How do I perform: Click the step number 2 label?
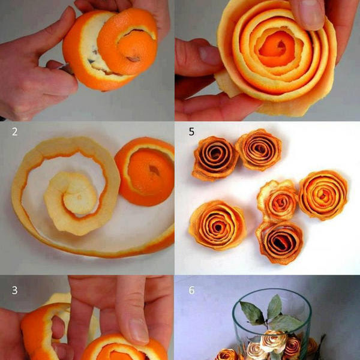coord(14,131)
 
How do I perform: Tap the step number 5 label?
coord(191,131)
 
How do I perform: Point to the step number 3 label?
coord(14,290)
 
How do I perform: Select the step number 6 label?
coord(192,290)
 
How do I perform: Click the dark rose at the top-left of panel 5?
coord(215,158)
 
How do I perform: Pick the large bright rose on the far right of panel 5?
coord(323,195)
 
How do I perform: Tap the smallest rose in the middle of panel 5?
coord(278,201)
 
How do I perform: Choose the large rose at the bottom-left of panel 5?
coord(218,226)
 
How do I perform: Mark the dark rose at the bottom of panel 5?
coord(280,242)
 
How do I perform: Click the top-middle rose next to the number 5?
coord(259,149)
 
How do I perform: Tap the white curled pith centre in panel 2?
coord(71,202)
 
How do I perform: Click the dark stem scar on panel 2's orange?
coord(154,170)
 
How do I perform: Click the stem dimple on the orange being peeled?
coord(133,59)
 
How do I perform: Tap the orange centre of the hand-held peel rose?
coord(277,49)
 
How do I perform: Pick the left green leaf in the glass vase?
coord(252,313)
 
